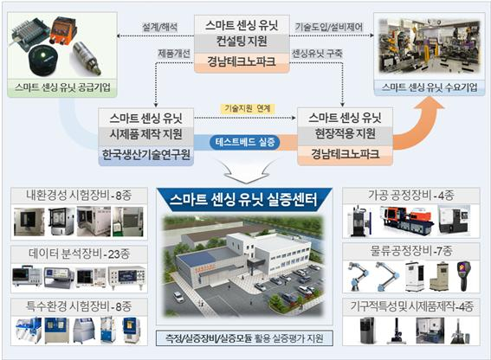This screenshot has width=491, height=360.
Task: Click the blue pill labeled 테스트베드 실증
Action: click(x=245, y=142)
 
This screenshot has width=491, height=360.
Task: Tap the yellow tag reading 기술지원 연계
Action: click(x=247, y=108)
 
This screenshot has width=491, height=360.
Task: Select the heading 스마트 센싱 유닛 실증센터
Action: click(x=244, y=199)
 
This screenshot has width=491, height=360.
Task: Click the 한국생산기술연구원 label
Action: click(x=146, y=154)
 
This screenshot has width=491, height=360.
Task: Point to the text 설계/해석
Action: click(x=159, y=27)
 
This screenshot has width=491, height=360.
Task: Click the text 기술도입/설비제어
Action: click(x=329, y=27)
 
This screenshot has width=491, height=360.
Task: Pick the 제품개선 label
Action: click(x=174, y=54)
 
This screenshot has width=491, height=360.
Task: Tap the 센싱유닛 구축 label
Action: click(x=317, y=54)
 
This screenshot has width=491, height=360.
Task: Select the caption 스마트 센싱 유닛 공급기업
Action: click(x=62, y=87)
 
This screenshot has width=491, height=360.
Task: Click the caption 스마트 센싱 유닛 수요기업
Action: click(x=430, y=87)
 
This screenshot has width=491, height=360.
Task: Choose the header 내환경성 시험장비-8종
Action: click(x=79, y=196)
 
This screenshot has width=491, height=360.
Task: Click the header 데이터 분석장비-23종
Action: click(x=79, y=254)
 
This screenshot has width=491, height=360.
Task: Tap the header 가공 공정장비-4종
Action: click(x=411, y=196)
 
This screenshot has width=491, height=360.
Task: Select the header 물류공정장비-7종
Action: click(x=411, y=250)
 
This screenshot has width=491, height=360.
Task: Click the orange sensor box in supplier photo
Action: click(x=63, y=30)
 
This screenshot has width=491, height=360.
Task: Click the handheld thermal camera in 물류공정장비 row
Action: click(x=464, y=276)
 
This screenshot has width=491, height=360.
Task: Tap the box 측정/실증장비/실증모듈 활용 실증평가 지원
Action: click(x=244, y=338)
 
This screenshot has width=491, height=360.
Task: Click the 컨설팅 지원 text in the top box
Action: click(x=242, y=41)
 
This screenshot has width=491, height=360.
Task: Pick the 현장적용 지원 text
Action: click(x=345, y=133)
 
